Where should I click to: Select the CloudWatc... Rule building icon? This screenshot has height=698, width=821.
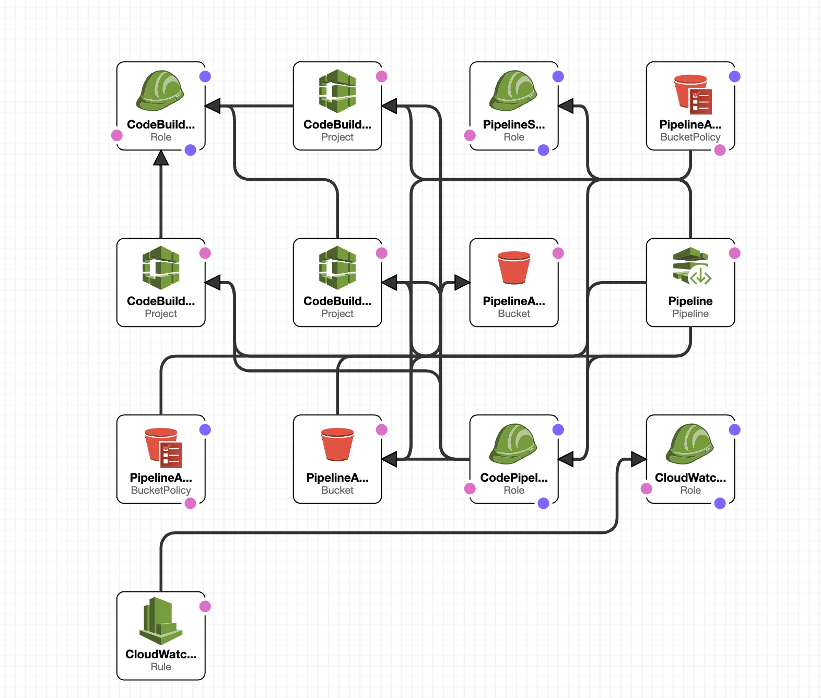pyautogui.click(x=161, y=621)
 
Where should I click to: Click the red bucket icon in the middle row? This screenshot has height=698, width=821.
pyautogui.click(x=514, y=267)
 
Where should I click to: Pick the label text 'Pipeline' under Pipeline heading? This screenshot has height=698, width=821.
pyautogui.click(x=690, y=313)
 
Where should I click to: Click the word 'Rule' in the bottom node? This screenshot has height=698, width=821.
pyautogui.click(x=161, y=667)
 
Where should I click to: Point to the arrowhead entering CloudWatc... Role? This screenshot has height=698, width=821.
pyautogui.click(x=638, y=459)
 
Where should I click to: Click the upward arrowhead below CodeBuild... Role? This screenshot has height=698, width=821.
pyautogui.click(x=161, y=158)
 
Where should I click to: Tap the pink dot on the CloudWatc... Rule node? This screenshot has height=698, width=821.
pyautogui.click(x=205, y=606)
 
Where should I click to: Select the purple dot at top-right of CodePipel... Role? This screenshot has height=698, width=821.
pyautogui.click(x=558, y=429)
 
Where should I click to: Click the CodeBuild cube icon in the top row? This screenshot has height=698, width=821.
pyautogui.click(x=337, y=91)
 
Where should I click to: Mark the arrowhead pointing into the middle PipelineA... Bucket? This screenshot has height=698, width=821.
pyautogui.click(x=462, y=283)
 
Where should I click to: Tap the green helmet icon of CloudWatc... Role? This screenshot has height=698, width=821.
pyautogui.click(x=690, y=444)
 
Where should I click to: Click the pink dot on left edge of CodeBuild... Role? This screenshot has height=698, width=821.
pyautogui.click(x=117, y=135)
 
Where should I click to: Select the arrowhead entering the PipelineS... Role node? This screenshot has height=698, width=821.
pyautogui.click(x=567, y=106)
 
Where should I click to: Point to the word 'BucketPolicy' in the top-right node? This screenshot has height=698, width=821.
pyautogui.click(x=690, y=137)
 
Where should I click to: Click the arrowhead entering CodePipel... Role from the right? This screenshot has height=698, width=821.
pyautogui.click(x=567, y=459)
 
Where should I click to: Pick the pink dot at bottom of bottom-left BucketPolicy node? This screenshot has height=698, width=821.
pyautogui.click(x=191, y=503)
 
